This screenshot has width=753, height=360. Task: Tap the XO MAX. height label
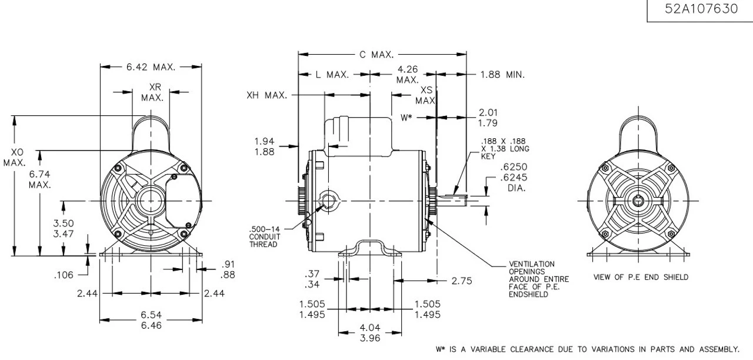[14, 158]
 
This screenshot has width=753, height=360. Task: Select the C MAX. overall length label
[376, 55]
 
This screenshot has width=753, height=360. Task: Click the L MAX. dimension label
[332, 75]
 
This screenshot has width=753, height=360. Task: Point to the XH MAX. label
[266, 95]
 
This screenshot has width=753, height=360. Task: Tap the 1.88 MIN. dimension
[502, 75]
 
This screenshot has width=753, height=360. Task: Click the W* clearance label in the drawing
[407, 118]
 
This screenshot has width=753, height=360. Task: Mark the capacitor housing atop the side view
[359, 135]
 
